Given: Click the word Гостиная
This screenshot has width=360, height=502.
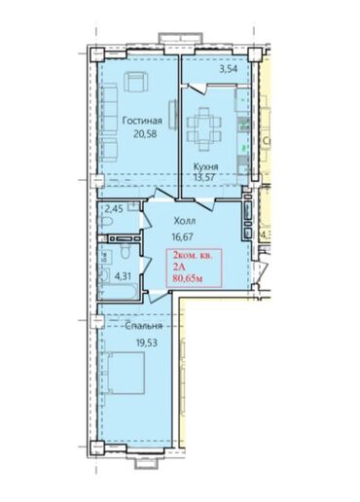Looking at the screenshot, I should coord(143,122).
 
